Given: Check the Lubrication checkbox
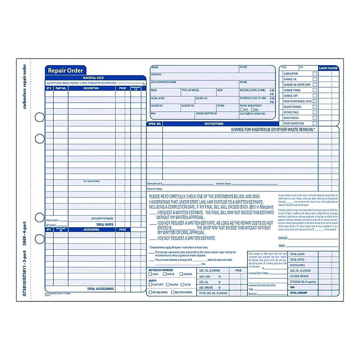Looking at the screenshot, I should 315,73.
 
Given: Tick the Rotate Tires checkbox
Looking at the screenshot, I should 315,112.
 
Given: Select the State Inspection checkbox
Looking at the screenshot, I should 315,123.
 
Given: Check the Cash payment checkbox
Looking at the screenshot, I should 150,274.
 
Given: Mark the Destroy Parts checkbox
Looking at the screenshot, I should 172,292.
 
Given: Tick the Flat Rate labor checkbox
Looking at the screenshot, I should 150,284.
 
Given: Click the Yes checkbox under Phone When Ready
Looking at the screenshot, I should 241,109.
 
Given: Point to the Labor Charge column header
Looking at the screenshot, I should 329,68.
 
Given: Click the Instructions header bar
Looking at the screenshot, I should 214,124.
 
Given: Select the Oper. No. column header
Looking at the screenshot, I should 155,124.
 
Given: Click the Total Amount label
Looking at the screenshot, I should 299,292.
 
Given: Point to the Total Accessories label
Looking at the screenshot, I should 100,288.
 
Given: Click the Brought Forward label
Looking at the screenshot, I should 102,218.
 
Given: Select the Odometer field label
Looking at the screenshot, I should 157,105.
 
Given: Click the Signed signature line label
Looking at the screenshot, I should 283,238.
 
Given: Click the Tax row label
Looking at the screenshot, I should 292,287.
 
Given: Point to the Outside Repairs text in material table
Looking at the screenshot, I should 91,181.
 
